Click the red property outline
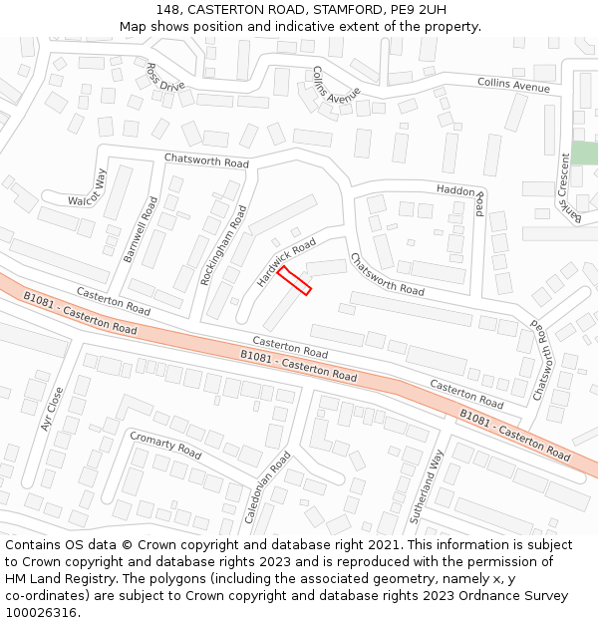tap(294, 280)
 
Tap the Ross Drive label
tap(165, 77)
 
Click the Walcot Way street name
tap(87, 187)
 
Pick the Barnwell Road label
tap(141, 229)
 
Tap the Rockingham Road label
tap(223, 245)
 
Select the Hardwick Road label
tap(286, 262)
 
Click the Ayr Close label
tap(52, 409)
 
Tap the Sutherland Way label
tap(427, 487)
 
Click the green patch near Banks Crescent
tap(584, 154)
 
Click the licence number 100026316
tap(40, 612)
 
